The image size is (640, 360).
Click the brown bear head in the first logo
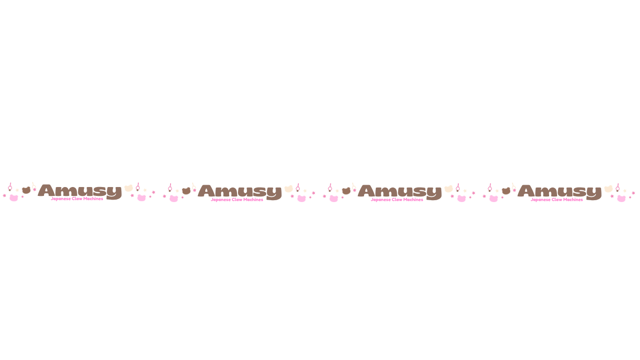26,190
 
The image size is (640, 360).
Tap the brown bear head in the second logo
186,191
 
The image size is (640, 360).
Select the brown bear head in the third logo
346,191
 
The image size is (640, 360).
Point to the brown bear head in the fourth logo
506,191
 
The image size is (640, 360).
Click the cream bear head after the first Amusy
128,188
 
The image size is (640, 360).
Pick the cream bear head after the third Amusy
448,189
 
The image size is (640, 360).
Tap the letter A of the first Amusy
46,190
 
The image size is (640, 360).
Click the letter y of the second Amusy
274,194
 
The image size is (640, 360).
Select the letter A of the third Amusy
366,191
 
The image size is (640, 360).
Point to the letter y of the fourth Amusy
594,194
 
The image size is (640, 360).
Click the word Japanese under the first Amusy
61,199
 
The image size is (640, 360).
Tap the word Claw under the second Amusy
237,200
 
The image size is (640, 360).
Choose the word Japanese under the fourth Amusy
541,200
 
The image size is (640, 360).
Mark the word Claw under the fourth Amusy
557,200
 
